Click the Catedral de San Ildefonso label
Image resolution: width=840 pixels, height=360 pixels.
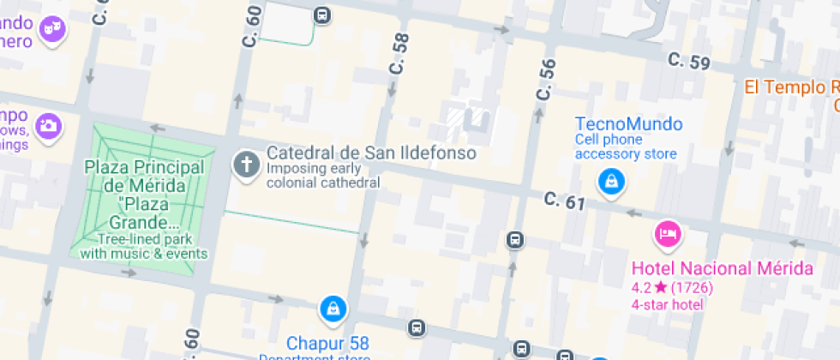(370, 153)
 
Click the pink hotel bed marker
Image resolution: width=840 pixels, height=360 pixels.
(668, 232)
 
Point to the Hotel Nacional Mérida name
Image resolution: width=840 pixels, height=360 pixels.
(722, 268)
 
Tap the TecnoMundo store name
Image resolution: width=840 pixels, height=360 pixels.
(628, 123)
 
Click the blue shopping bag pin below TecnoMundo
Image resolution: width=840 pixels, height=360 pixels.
(611, 181)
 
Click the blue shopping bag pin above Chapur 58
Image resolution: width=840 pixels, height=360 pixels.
(333, 308)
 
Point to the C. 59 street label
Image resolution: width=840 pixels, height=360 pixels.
(689, 61)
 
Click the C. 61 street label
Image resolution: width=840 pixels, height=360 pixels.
(564, 201)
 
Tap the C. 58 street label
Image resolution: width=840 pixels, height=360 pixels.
(399, 54)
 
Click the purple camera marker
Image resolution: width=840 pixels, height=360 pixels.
(49, 127)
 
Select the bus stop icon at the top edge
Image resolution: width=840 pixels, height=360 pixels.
(321, 15)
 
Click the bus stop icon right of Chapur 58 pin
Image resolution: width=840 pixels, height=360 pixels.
(416, 327)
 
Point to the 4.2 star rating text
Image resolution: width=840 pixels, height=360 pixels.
(672, 287)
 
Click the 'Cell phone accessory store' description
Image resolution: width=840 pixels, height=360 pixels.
(626, 147)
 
